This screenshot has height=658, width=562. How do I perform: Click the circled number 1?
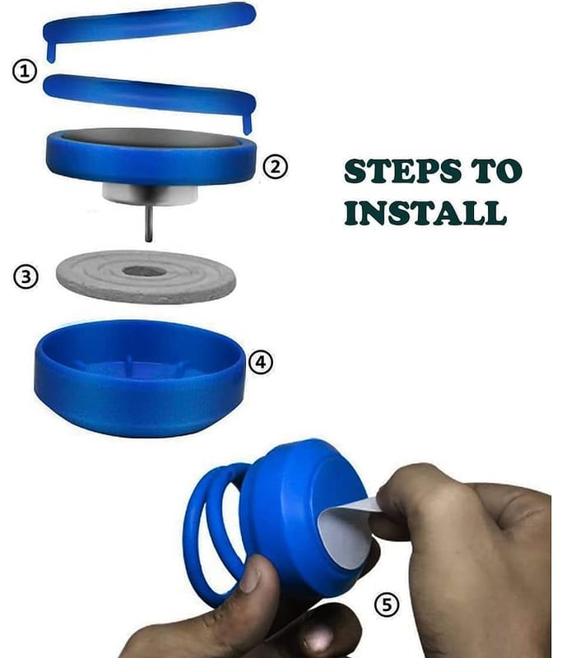click(25, 71)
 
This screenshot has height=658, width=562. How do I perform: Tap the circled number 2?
click(276, 167)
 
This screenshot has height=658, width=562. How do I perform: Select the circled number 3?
click(26, 276)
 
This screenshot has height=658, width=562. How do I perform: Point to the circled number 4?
click(261, 362)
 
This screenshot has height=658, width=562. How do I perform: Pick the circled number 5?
click(386, 605)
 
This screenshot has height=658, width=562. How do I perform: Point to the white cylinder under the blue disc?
click(150, 195)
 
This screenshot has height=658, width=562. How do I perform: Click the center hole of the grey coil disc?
click(144, 271)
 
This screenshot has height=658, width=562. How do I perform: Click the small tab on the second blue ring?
click(248, 123)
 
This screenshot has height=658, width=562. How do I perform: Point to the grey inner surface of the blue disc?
click(151, 138)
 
